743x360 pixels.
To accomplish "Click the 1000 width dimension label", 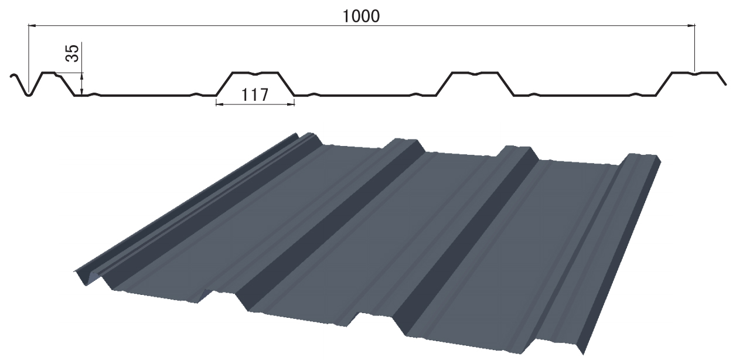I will [x=361, y=16].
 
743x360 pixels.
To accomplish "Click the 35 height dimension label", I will [x=71, y=54].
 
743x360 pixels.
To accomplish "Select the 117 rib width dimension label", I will [x=254, y=94].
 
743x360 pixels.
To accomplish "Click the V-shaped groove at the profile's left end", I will [x=28, y=94].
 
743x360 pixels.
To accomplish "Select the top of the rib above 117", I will [x=255, y=73].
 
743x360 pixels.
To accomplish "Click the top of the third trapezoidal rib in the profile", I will [x=475, y=73].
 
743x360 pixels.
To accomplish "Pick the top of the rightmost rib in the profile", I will [x=695, y=73].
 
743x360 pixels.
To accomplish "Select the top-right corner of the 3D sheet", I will [x=660, y=158].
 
